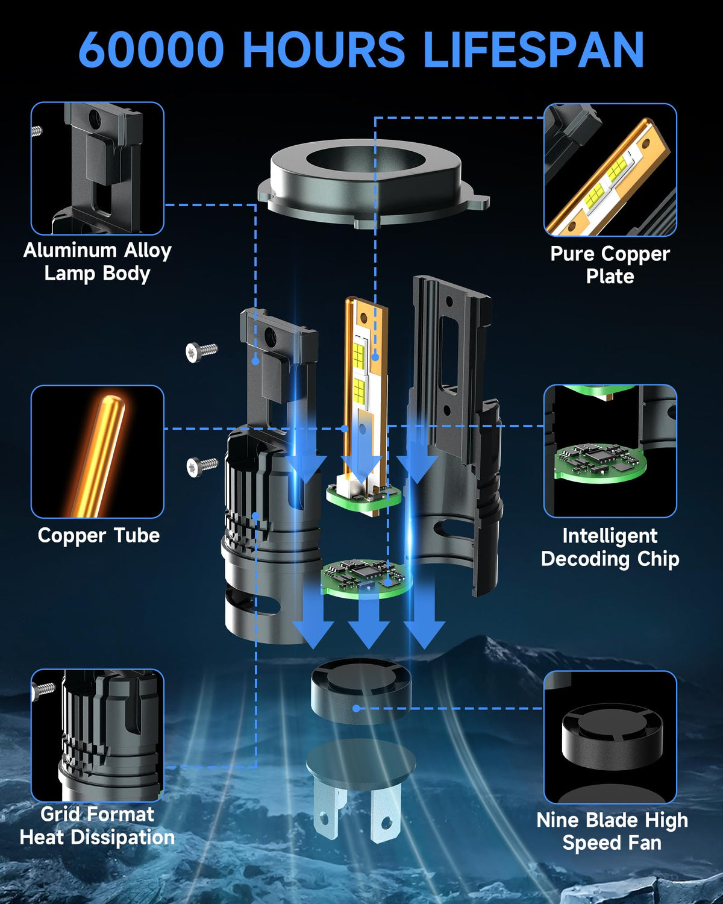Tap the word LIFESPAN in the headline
tap(534, 49)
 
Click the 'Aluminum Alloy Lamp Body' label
tap(98, 262)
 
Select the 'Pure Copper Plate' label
tap(610, 265)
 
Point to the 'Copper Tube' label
tap(99, 536)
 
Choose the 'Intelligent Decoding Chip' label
tap(610, 548)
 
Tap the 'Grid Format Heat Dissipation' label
tap(98, 826)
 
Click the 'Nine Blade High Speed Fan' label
tap(612, 831)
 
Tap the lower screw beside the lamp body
tap(202, 466)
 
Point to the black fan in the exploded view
tap(361, 692)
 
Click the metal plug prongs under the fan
tap(357, 809)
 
